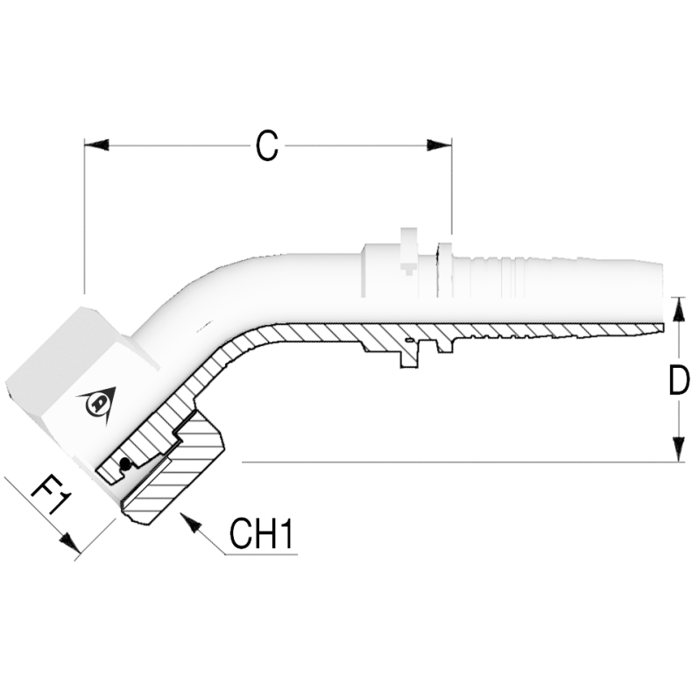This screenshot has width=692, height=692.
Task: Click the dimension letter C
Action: [267, 145]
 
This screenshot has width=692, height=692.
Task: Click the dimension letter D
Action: [679, 380]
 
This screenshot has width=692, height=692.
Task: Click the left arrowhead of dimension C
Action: [96, 145]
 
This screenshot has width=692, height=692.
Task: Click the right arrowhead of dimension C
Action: [439, 145]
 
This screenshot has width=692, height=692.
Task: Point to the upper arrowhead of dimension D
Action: [678, 309]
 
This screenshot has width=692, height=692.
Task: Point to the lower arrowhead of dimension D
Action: [678, 449]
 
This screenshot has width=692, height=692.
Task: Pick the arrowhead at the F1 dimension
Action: [71, 542]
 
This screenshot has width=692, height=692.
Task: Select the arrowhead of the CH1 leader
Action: [190, 523]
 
